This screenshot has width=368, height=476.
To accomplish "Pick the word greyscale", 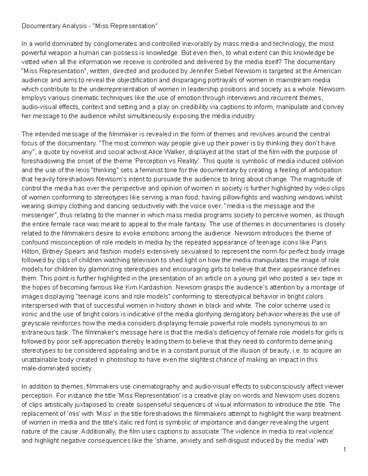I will coord(35,323).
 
